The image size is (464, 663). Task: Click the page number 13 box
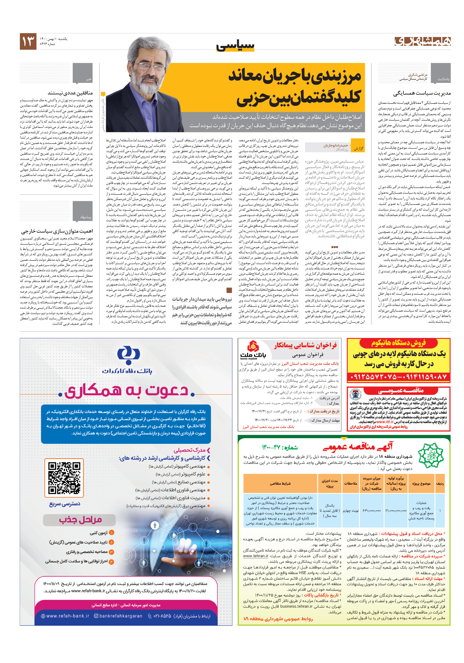[28, 41]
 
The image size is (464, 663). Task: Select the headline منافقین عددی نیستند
[70, 93]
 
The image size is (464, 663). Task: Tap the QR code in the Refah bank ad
[64, 478]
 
